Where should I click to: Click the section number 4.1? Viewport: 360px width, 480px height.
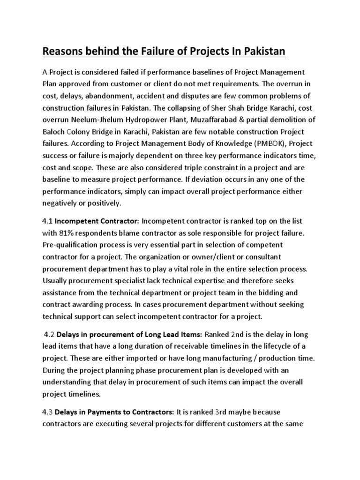(49, 220)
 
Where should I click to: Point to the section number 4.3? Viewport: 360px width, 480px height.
(48, 412)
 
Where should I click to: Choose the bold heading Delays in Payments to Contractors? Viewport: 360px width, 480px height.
(115, 412)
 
